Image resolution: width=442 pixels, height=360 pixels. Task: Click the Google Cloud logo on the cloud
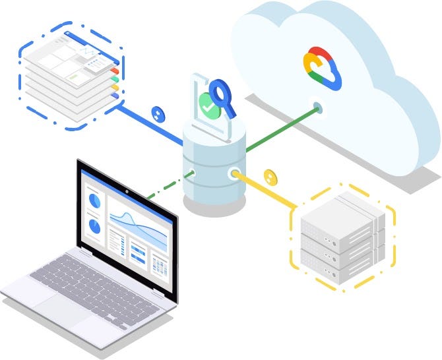coord(323,68)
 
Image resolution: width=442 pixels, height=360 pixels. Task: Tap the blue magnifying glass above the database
coord(220,92)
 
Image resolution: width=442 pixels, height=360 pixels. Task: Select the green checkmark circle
coord(209,104)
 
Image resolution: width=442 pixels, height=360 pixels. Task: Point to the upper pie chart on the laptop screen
coord(94,198)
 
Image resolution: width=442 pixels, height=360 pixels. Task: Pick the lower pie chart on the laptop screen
coord(94,226)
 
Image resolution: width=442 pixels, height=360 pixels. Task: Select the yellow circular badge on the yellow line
coord(269,176)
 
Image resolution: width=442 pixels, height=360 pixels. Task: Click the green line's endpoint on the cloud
coord(318,106)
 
